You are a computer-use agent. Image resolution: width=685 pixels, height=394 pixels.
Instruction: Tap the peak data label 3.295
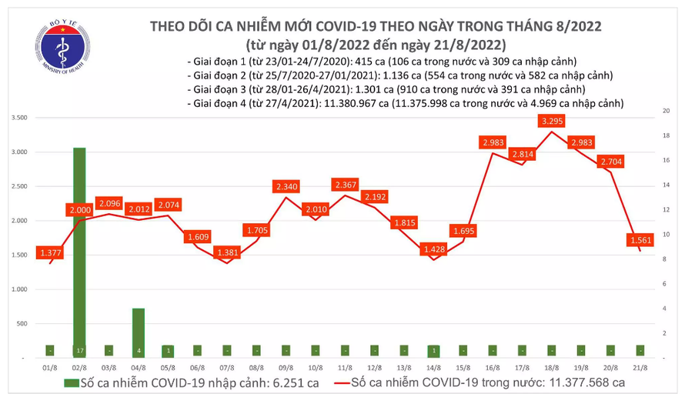[552, 121]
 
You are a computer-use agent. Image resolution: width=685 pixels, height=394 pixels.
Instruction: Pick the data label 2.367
[344, 185]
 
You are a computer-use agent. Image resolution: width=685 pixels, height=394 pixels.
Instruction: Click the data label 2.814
[522, 154]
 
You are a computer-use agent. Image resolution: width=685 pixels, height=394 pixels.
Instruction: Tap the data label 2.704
[611, 162]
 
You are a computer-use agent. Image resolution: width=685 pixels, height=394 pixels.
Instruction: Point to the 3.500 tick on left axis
[19, 118]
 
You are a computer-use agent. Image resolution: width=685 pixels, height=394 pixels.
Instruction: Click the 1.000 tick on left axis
[19, 289]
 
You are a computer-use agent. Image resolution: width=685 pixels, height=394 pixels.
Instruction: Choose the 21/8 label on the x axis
[640, 369]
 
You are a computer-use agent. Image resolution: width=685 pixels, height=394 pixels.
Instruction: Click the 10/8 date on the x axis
[314, 369]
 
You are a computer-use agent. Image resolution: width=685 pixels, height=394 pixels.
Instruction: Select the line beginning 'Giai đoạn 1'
[381, 62]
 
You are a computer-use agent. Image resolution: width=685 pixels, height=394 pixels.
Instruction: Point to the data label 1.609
[197, 238]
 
